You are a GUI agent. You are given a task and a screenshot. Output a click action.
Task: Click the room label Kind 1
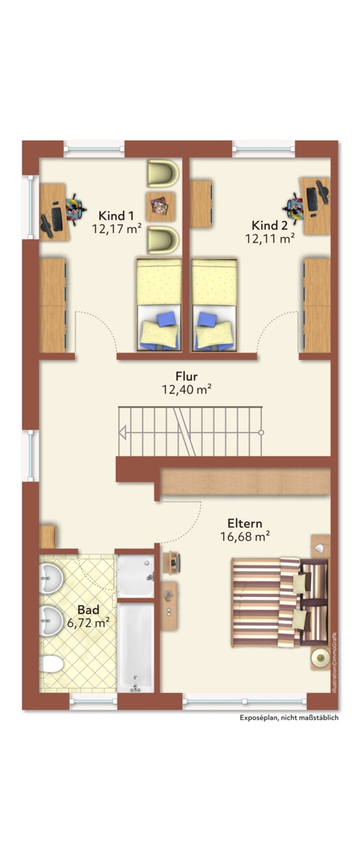(116, 215)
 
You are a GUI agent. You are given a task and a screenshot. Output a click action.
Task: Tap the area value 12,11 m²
(270, 238)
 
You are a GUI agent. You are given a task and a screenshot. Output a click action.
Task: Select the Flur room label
(186, 376)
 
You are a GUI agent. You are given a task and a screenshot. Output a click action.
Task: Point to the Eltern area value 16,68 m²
(245, 536)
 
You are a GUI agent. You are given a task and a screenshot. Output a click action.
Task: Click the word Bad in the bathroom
(88, 609)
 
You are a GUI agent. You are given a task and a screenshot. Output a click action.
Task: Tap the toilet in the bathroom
(51, 653)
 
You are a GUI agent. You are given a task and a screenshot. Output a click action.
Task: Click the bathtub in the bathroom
(136, 647)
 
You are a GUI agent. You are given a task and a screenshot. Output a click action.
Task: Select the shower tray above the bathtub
(136, 575)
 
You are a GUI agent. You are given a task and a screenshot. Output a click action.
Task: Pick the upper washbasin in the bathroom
(51, 578)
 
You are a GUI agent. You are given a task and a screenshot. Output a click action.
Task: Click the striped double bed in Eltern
(280, 602)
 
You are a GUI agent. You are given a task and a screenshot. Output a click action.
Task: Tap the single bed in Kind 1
(159, 305)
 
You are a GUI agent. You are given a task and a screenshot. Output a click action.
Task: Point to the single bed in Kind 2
(214, 305)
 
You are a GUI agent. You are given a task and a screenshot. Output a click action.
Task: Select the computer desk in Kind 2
(315, 206)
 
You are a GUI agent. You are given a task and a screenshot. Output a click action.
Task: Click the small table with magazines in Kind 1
(160, 206)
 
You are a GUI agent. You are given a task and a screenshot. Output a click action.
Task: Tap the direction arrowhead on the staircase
(122, 432)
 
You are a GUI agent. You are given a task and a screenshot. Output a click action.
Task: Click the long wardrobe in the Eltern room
(245, 481)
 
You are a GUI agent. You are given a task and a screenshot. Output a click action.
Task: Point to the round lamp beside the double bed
(320, 659)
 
